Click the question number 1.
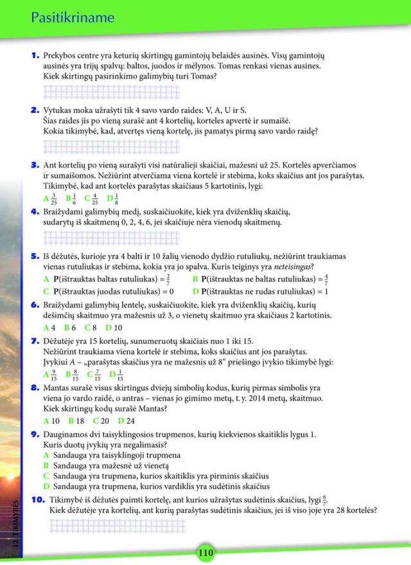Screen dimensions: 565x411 coord(35,56)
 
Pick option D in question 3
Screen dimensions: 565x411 coord(113,198)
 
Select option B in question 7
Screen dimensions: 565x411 coord(73,376)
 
